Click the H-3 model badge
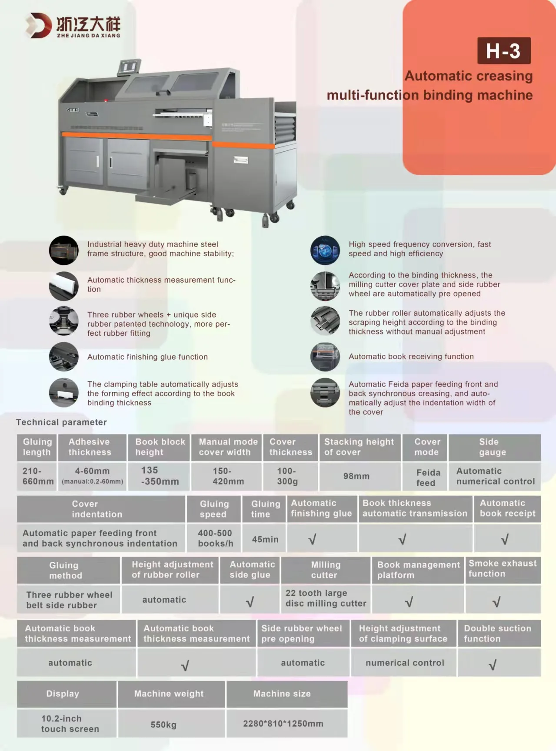[x=503, y=51]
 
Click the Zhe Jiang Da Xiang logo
[x=73, y=26]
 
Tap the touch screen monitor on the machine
[x=129, y=67]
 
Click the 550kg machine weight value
[x=163, y=724]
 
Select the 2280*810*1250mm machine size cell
[x=283, y=724]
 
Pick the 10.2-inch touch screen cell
[x=66, y=724]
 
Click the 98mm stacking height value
[x=356, y=476]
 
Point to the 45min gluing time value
[x=265, y=539]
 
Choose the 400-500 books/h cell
[x=215, y=538]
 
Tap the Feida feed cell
[x=426, y=477]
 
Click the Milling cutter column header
[x=325, y=570]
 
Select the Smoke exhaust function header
[x=503, y=568]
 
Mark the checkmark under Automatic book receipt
[x=504, y=540]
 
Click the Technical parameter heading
[x=61, y=422]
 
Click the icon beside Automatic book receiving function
[x=325, y=357]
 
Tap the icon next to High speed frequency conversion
[x=325, y=250]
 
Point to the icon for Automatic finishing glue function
[x=64, y=357]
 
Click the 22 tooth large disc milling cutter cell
[x=326, y=598]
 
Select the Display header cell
[x=63, y=694]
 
